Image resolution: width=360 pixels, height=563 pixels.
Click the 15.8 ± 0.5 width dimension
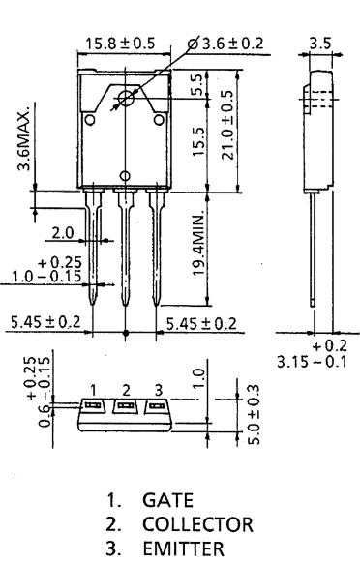click(120, 44)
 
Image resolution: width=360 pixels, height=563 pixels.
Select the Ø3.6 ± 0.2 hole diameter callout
click(225, 44)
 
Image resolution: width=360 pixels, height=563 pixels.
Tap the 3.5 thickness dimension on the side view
click(320, 44)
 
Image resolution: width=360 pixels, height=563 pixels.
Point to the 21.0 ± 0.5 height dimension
click(227, 125)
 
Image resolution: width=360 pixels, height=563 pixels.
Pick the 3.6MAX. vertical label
click(24, 141)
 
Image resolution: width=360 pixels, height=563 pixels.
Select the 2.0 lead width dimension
click(63, 233)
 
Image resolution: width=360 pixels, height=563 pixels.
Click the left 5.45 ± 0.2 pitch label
click(45, 322)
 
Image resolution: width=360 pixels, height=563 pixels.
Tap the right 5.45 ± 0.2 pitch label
click(201, 324)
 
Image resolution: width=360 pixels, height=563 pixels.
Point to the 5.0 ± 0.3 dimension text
click(254, 414)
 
